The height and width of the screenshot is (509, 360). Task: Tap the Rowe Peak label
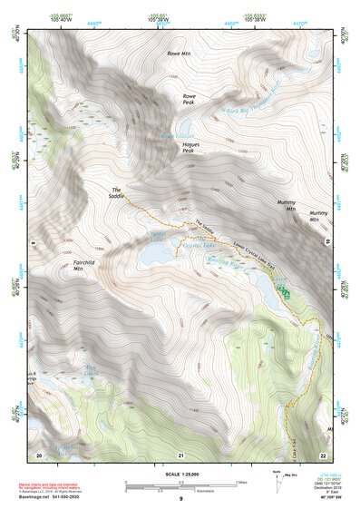[x=189, y=99]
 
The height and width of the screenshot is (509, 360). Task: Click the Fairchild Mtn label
[x=84, y=265]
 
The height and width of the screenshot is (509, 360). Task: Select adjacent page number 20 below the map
[x=39, y=453]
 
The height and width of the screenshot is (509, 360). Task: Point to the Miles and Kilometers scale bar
[x=180, y=485]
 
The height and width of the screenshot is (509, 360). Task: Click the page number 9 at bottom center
[x=180, y=499]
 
